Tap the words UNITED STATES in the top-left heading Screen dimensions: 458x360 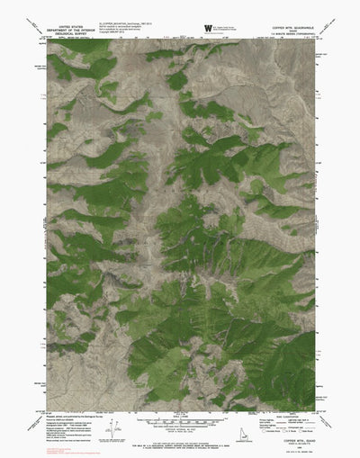coord(75,27)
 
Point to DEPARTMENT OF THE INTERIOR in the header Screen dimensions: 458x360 coord(75,31)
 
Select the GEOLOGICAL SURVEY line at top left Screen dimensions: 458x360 coord(75,35)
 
